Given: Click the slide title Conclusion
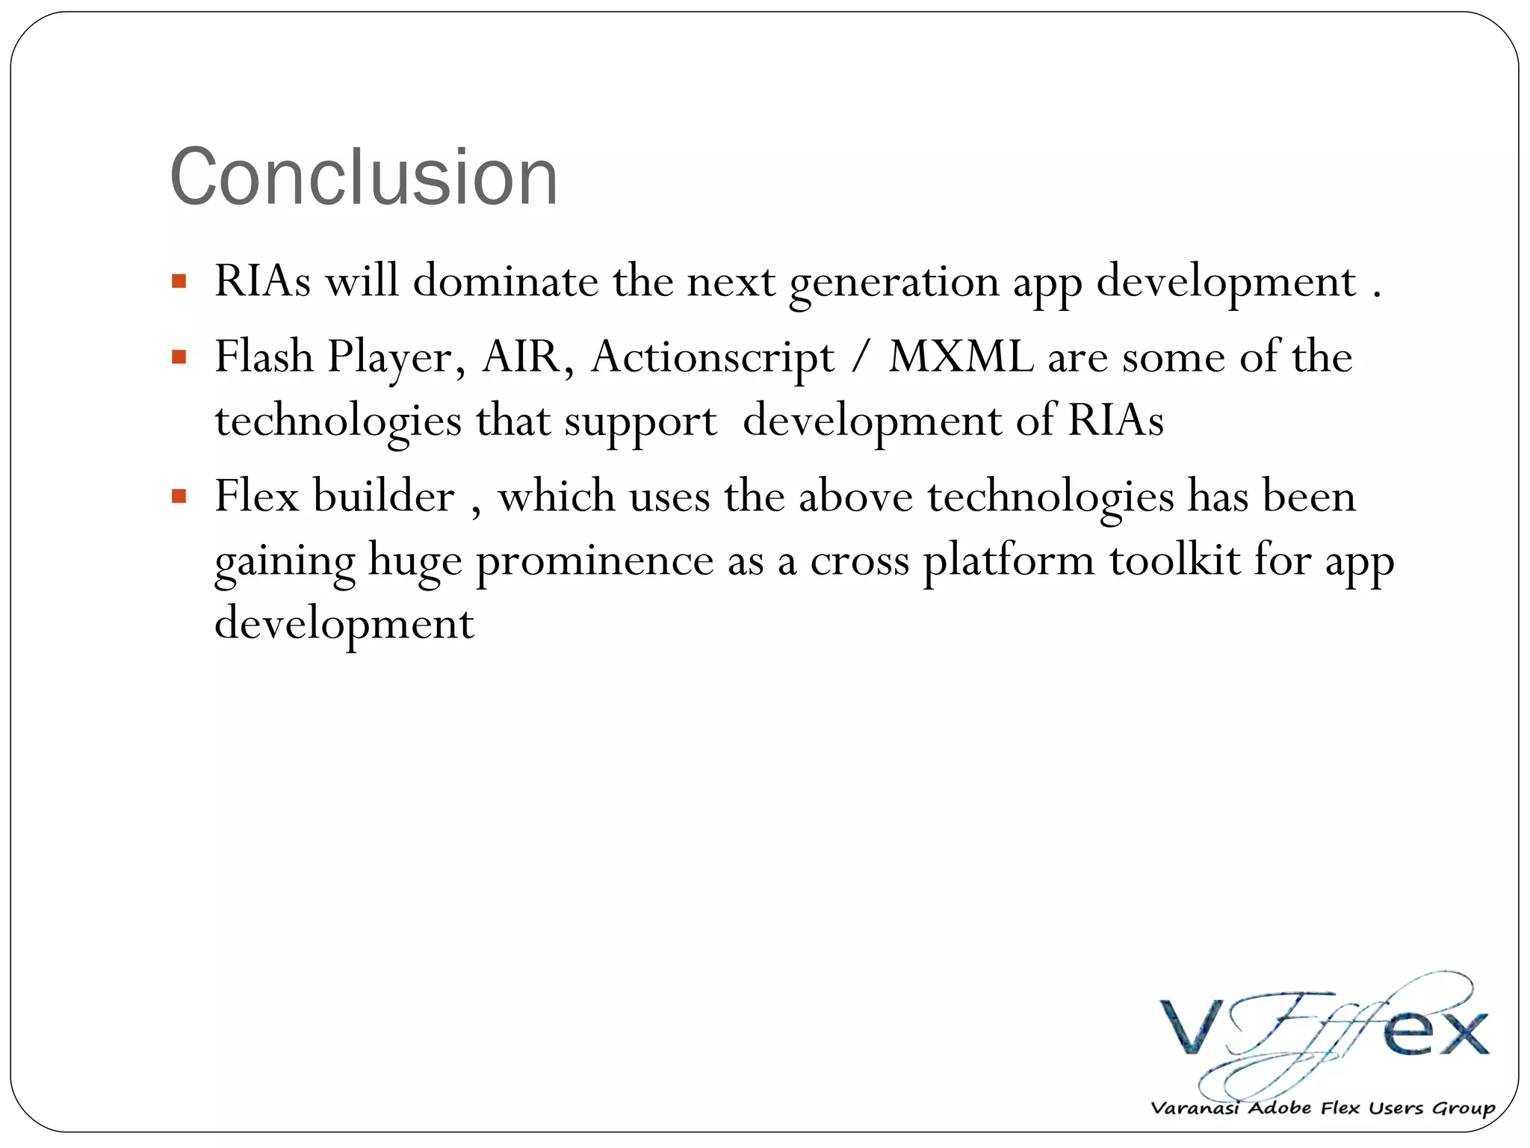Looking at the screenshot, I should (364, 177).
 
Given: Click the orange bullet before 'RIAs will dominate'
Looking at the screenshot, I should (179, 282).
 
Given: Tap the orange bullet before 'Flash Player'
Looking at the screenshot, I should (179, 357).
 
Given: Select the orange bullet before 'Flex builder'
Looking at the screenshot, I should (179, 496).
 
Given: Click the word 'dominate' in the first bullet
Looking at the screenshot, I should (506, 282).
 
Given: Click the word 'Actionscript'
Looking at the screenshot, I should (712, 357).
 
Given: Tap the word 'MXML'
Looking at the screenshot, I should (961, 357).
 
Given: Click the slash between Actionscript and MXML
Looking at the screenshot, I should (861, 357).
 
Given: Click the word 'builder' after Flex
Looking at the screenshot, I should (383, 496).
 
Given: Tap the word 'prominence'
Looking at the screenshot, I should (595, 561).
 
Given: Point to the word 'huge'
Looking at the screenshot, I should (415, 561).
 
